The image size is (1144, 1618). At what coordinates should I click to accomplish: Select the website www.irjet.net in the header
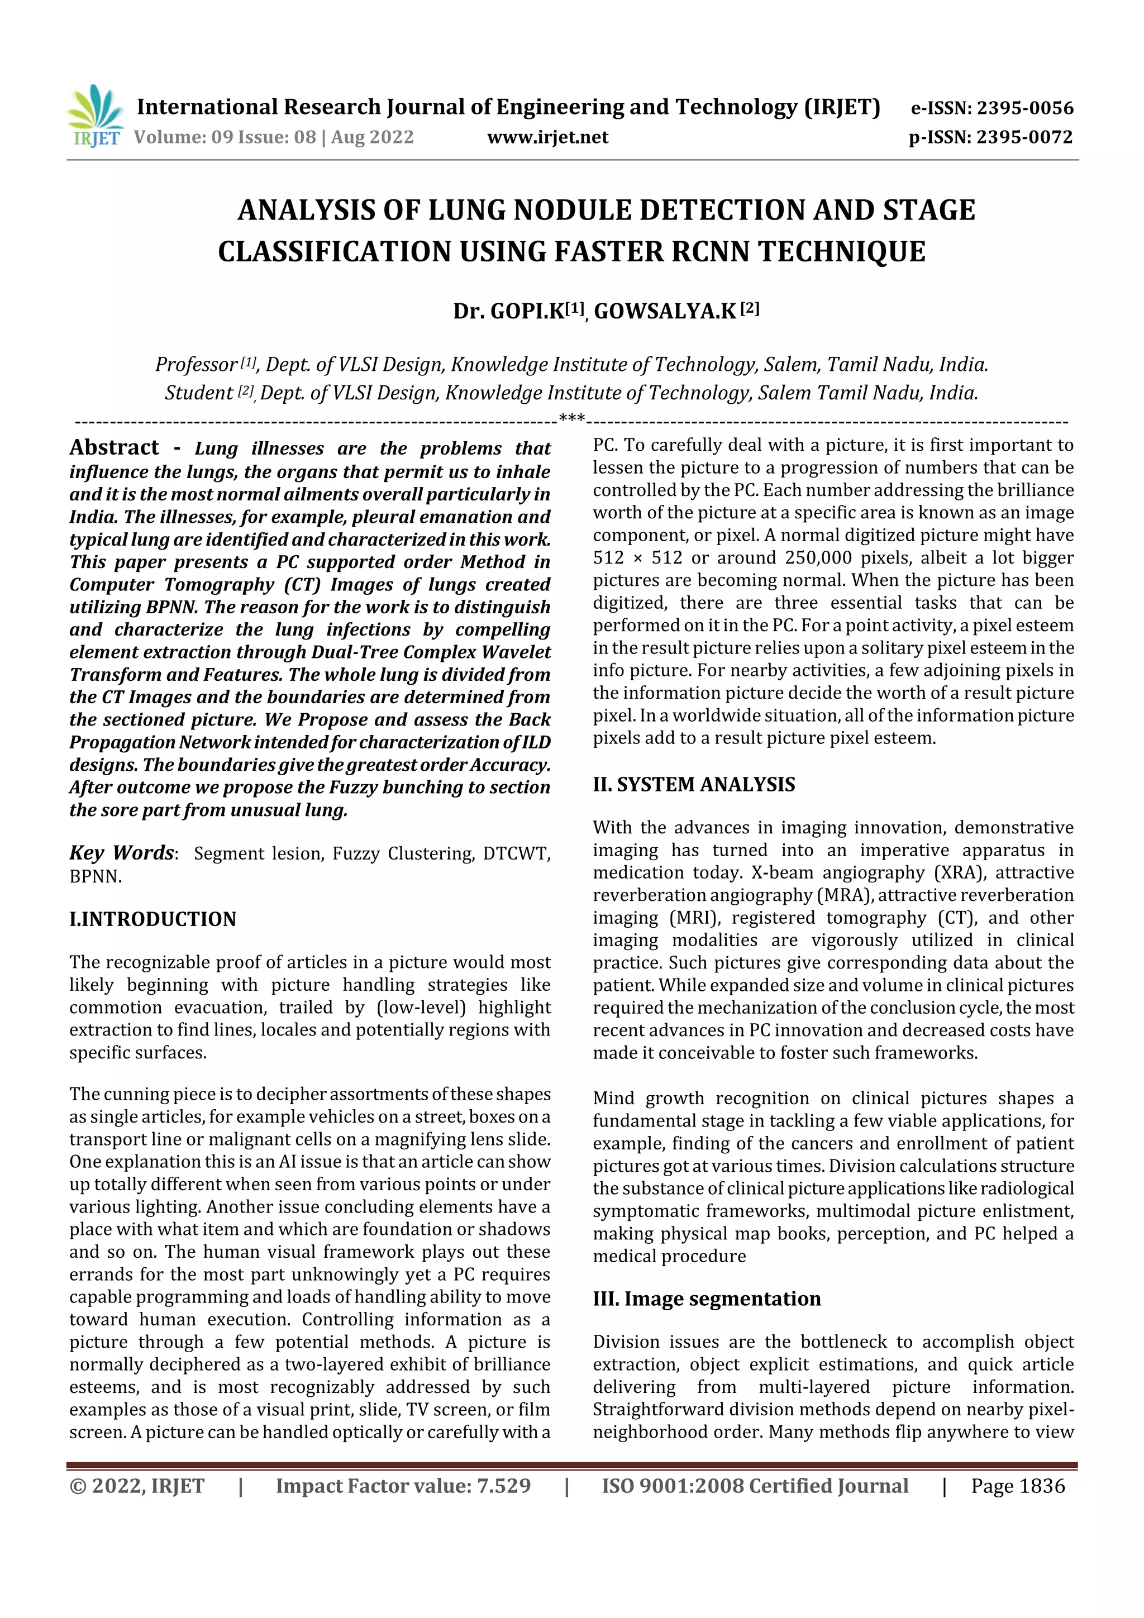pos(547,137)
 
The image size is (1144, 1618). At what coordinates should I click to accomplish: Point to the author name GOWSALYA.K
pos(665,311)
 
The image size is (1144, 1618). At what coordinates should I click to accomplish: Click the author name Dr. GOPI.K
pos(508,311)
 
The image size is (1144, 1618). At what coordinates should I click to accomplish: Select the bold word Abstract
pos(114,447)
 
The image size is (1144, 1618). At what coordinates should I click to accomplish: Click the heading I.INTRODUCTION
pos(152,919)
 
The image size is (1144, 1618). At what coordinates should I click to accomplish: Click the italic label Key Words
pos(121,853)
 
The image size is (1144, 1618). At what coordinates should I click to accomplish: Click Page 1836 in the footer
pos(1018,1486)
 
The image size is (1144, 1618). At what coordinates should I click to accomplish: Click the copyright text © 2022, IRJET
pos(137,1486)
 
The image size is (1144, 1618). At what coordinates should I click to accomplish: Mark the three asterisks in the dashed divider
pos(571,418)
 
